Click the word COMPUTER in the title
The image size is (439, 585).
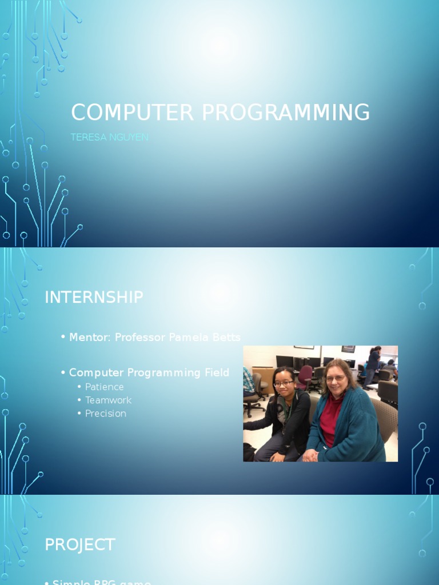[133, 113]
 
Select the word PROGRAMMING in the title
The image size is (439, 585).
[285, 113]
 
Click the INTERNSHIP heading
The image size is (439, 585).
[94, 298]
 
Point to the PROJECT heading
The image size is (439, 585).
[80, 544]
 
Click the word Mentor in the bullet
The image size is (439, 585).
[89, 338]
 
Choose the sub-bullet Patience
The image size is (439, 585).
[105, 387]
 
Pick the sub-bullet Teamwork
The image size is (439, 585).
[108, 400]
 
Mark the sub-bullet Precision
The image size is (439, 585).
[106, 414]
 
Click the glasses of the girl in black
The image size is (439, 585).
[283, 383]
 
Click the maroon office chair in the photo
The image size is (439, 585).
[305, 376]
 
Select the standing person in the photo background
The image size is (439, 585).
[373, 366]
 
